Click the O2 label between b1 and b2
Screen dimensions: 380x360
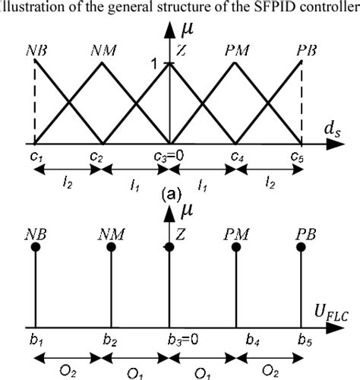pos(68,370)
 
